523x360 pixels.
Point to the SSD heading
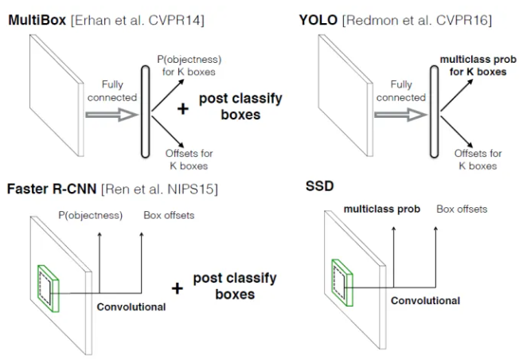tap(319, 186)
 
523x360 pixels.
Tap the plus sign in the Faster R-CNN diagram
tap(177, 287)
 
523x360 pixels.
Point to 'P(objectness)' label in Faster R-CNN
tap(90, 215)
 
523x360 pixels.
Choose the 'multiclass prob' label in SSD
tap(381, 209)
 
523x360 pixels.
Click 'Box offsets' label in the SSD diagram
tap(462, 209)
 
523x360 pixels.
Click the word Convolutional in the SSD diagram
tap(425, 301)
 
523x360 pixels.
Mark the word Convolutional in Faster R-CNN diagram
tap(131, 305)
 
